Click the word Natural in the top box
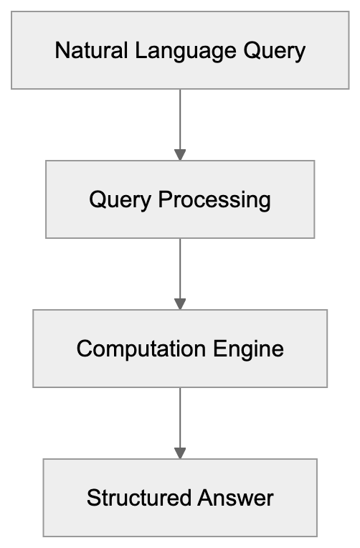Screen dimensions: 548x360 tap(81, 51)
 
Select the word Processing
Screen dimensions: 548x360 tap(214, 199)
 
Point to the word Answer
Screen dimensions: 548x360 tap(237, 498)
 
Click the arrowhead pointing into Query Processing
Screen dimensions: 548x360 tap(180, 154)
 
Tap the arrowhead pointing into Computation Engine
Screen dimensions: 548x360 tap(180, 303)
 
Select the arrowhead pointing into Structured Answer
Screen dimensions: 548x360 tap(180, 453)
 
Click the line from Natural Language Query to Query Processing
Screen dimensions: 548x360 tap(180, 118)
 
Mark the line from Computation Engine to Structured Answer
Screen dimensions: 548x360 tap(180, 417)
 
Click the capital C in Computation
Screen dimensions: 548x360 tap(84, 349)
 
